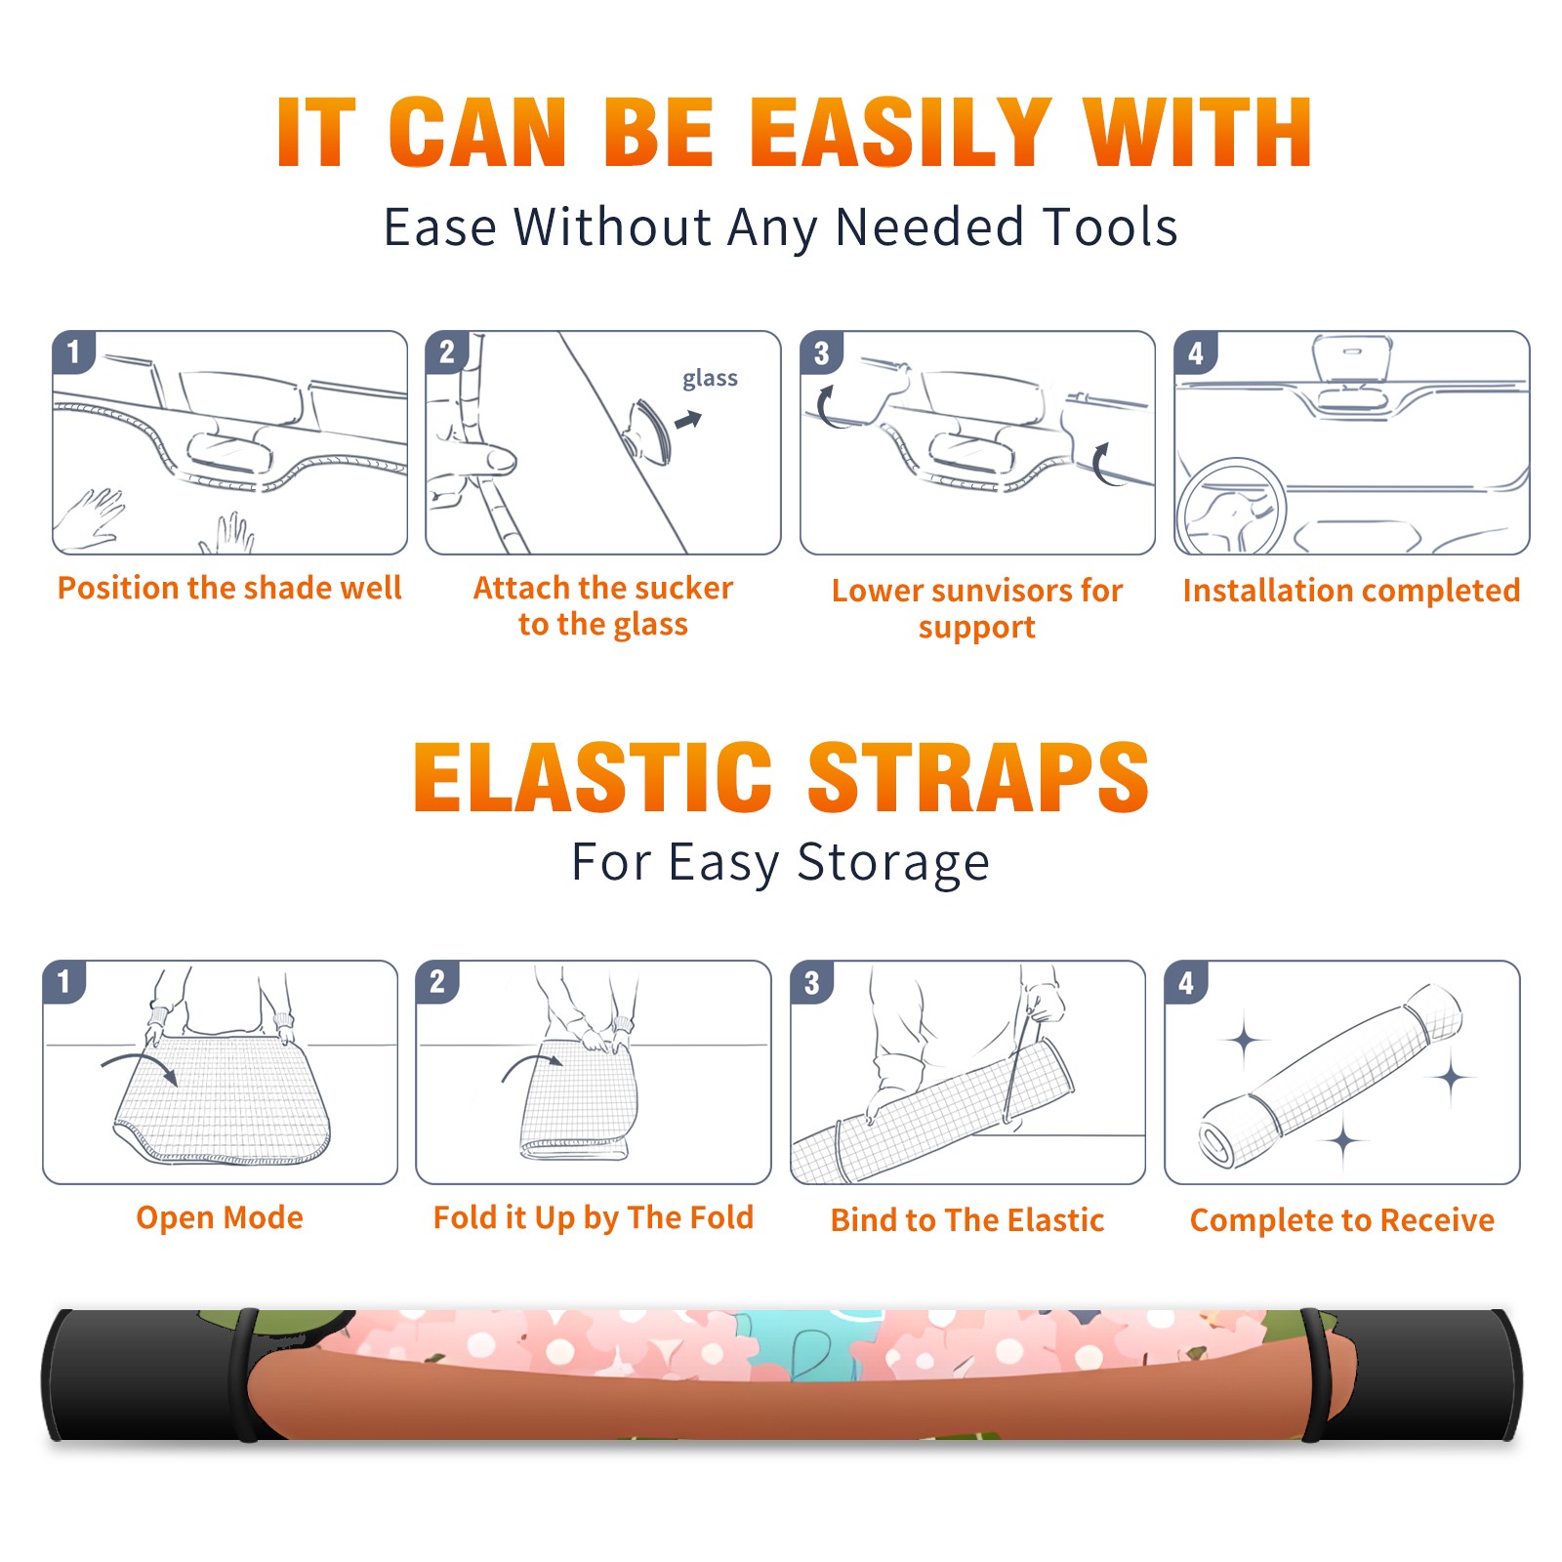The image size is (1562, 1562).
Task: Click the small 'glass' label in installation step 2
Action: (710, 379)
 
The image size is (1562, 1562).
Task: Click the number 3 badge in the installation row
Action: (821, 352)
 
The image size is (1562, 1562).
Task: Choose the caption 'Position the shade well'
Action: (229, 588)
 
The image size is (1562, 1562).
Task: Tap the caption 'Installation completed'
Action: (1351, 591)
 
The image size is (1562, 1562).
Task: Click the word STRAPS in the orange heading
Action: (978, 777)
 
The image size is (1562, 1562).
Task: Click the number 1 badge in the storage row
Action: (64, 981)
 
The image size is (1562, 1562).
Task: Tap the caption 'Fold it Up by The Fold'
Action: (594, 1217)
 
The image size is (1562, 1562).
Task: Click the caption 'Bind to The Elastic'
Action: (967, 1220)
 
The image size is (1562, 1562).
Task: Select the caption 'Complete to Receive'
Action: (1342, 1220)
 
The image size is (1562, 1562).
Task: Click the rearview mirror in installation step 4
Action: (1351, 358)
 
